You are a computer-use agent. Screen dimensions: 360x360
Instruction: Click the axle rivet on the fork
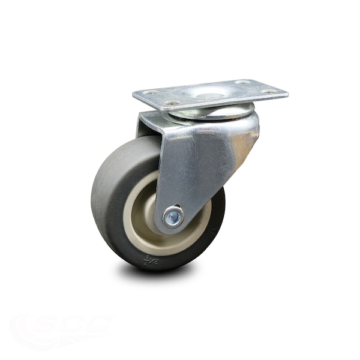[173, 217]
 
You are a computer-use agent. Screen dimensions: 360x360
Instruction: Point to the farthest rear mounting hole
[242, 82]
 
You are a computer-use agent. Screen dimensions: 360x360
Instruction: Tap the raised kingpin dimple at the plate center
[210, 95]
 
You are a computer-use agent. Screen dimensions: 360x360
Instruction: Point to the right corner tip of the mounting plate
[287, 93]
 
